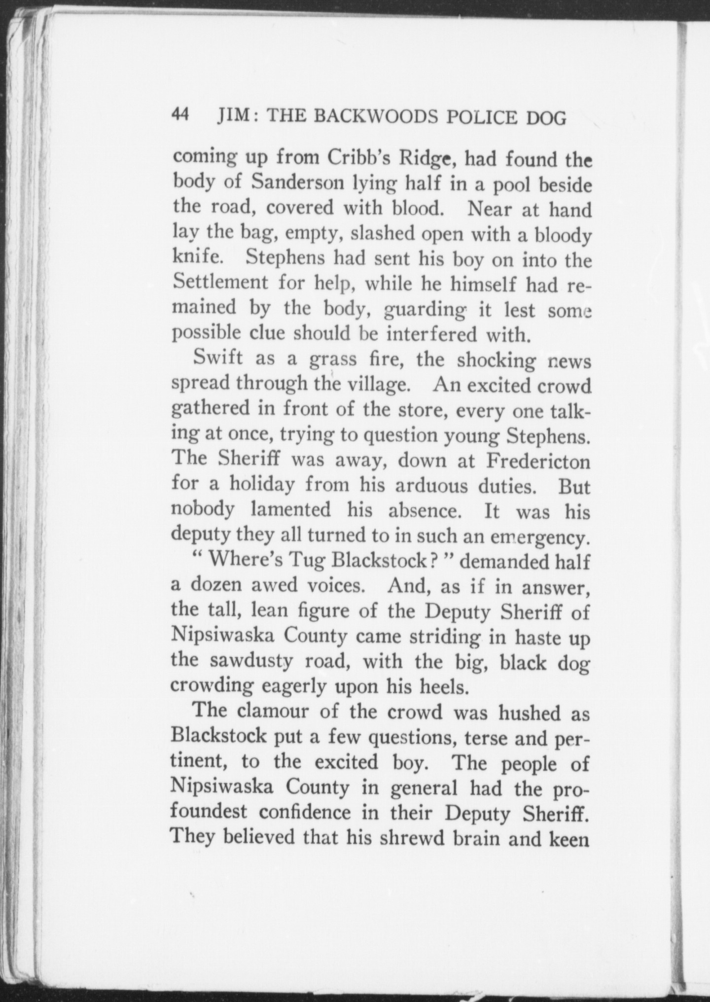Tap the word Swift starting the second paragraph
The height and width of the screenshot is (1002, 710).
[218, 357]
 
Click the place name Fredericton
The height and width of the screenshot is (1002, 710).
[538, 461]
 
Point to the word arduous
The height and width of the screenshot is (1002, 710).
[431, 486]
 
